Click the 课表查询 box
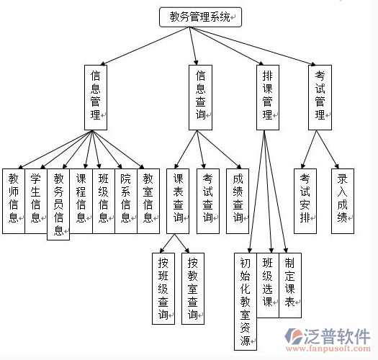click(179, 200)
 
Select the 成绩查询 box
click(238, 200)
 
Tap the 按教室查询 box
click(192, 287)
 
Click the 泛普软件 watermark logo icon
click(294, 337)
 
